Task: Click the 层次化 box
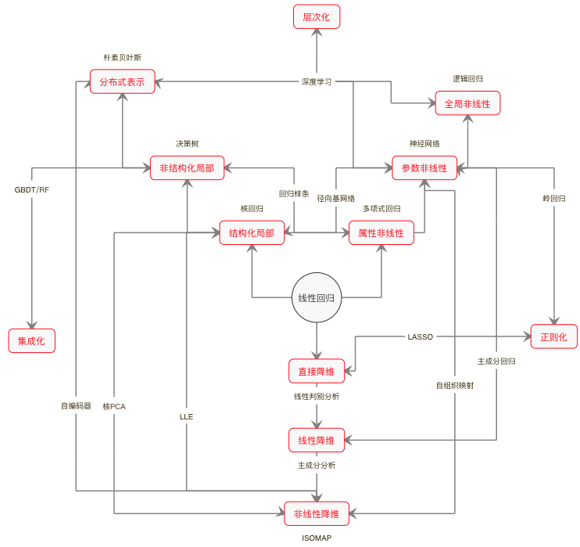tap(317, 16)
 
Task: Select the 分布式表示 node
tap(122, 82)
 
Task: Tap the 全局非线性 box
tap(467, 103)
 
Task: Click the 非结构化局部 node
tap(187, 168)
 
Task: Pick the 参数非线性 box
tap(424, 168)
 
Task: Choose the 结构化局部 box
tap(252, 233)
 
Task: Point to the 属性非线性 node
tap(381, 233)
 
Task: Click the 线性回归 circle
tap(317, 298)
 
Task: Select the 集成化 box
tap(32, 340)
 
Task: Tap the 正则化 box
tap(554, 336)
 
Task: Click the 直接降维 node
tap(317, 371)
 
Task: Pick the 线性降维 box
tap(317, 441)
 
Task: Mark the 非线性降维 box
tap(317, 514)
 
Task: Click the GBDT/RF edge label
tap(32, 190)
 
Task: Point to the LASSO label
tap(421, 337)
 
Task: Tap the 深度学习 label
tap(317, 81)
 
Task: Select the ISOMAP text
tap(317, 538)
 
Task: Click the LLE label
tap(186, 417)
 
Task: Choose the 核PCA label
tap(114, 406)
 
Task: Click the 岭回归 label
tap(553, 199)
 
